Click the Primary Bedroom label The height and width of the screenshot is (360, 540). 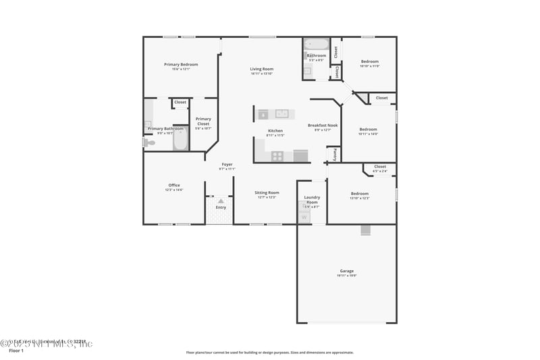[181, 64]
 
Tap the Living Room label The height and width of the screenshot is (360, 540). [261, 69]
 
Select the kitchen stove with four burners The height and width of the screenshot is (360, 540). [277, 156]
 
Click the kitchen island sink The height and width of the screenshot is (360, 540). [281, 113]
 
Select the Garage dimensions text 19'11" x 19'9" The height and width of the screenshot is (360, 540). [346, 276]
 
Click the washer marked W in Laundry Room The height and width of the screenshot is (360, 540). [304, 217]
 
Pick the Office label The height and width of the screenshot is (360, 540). [174, 185]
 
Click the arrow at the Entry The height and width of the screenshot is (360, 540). [220, 201]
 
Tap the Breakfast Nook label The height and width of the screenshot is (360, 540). [323, 125]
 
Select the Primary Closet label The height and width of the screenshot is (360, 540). [203, 122]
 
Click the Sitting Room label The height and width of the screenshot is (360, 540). [267, 192]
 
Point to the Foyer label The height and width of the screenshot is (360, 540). [227, 164]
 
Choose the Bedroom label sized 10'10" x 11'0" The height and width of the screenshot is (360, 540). [369, 61]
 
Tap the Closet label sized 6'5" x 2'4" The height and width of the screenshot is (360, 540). [380, 166]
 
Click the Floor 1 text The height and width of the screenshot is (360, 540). [16, 351]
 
